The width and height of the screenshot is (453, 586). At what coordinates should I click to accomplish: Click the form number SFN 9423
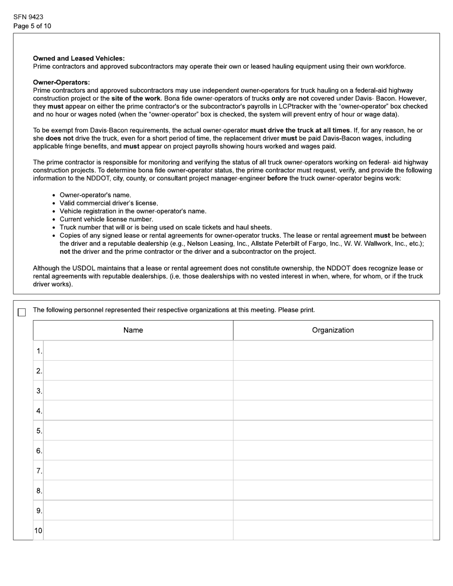[28, 17]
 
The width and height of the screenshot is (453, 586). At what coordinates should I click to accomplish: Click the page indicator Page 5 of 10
[32, 26]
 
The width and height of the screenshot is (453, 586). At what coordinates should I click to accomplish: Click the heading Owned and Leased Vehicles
[79, 58]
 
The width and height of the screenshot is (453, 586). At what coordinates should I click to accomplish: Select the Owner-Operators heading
[61, 82]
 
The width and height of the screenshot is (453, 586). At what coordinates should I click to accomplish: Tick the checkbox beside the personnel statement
[21, 313]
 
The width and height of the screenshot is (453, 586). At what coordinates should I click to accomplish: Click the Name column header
[133, 330]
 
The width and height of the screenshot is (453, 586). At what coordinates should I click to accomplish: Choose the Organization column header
[333, 330]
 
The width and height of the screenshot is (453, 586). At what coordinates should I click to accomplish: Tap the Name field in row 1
[138, 351]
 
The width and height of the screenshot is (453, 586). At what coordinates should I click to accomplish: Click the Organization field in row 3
[333, 391]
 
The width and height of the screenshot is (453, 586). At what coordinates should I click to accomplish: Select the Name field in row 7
[138, 471]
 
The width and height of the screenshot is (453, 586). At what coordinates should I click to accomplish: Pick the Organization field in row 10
[333, 530]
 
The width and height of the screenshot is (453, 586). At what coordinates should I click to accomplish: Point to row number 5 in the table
[39, 431]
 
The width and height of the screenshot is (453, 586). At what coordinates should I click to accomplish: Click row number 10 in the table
[38, 531]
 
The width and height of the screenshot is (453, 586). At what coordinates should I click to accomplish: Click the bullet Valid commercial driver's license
[109, 203]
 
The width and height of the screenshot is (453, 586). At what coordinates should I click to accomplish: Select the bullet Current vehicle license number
[106, 219]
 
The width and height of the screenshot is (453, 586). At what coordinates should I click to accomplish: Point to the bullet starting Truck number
[165, 227]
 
